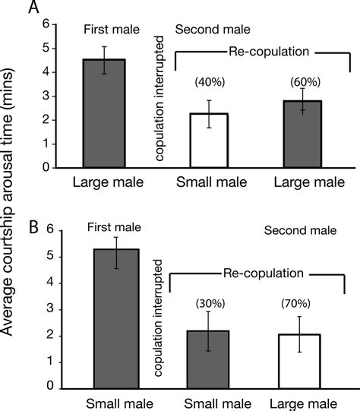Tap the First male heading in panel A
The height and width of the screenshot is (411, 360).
click(111, 30)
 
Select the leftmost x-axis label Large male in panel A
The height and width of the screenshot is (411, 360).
click(105, 182)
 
